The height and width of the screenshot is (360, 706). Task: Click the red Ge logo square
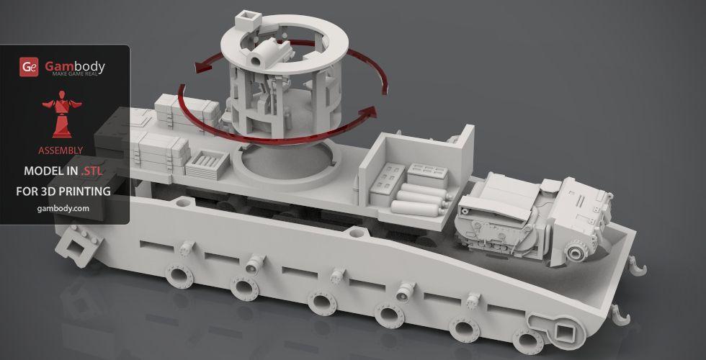coord(29,67)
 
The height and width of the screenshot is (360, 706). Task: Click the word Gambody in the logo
coord(75,66)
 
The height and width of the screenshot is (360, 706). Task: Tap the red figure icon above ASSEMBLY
coord(62,114)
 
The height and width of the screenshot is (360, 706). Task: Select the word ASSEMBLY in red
coord(61,150)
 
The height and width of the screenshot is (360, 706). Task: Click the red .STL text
coord(92,171)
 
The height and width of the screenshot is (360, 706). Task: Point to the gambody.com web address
coord(63,208)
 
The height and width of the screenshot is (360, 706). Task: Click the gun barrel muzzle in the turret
coord(255,60)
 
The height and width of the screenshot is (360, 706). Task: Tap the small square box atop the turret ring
coord(248,19)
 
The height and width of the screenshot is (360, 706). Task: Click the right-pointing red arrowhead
coord(368,112)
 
